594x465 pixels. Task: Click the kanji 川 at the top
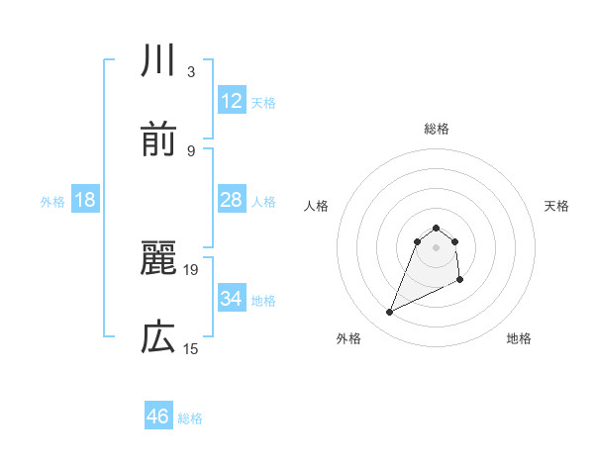coord(158,61)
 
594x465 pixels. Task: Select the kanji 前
coord(158,140)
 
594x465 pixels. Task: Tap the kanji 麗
coord(158,259)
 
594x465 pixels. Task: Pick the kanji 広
coord(158,338)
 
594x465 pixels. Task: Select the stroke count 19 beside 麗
coord(192,269)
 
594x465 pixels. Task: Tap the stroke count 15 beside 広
coord(192,348)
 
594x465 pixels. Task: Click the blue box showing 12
coord(231,101)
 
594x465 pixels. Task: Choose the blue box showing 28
coord(231,200)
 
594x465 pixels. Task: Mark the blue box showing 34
coord(231,299)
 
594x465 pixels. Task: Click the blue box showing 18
coord(85,200)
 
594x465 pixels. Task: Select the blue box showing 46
coord(158,417)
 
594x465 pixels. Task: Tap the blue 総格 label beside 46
coord(190,418)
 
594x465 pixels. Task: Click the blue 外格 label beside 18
coord(52,202)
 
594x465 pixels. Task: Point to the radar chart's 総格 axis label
coord(437,129)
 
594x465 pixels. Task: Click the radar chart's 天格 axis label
coord(557,206)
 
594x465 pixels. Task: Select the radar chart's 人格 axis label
coord(317,206)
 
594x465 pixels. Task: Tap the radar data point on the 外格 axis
coord(389,313)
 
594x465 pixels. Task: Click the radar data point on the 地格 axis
coord(460,281)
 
